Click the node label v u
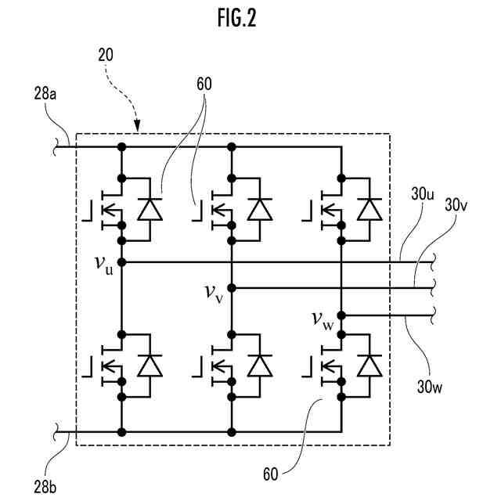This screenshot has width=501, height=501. point(104,264)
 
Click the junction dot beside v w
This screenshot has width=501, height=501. point(342,315)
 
